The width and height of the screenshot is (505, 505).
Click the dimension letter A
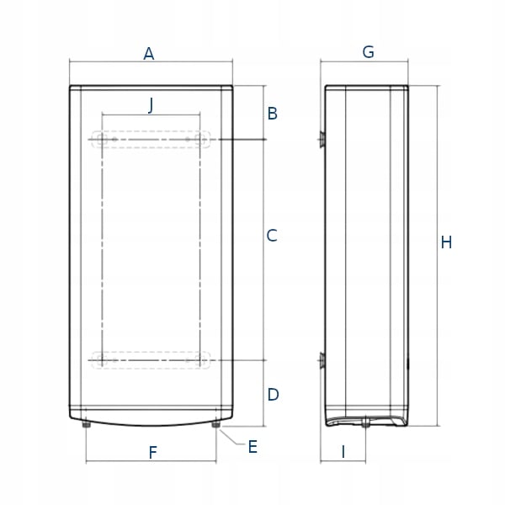coord(149,54)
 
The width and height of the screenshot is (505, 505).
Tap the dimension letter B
coord(273,113)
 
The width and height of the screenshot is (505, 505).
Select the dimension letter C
coord(272,237)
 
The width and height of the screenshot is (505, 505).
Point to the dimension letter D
coord(273,394)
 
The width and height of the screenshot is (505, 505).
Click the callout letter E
coord(252,447)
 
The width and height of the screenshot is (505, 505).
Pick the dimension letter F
coord(152,453)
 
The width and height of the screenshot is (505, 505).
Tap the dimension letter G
coord(368,52)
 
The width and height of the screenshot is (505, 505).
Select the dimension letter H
coord(446,242)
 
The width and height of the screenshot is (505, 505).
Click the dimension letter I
coord(343,452)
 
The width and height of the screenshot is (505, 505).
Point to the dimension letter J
coord(151,104)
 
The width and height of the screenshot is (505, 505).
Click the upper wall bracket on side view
coord(321,139)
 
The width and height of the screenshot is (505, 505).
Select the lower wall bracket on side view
coord(321,362)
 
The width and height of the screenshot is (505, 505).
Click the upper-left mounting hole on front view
coord(101,139)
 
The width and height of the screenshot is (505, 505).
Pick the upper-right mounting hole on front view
coord(201,139)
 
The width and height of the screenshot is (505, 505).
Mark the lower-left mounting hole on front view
coord(101,360)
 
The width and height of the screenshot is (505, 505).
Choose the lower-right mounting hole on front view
coord(201,360)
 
